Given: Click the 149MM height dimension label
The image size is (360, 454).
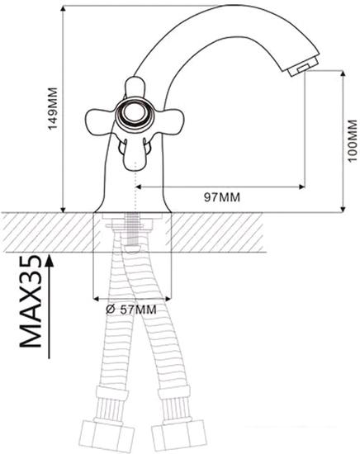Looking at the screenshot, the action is (53, 109).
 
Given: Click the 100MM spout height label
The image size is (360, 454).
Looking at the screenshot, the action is (353, 140).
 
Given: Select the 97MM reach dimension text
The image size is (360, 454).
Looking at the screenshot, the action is (222, 197).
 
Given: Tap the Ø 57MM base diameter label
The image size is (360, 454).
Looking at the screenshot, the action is (131, 310).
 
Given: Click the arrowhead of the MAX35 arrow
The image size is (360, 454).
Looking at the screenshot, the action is (50, 260).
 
